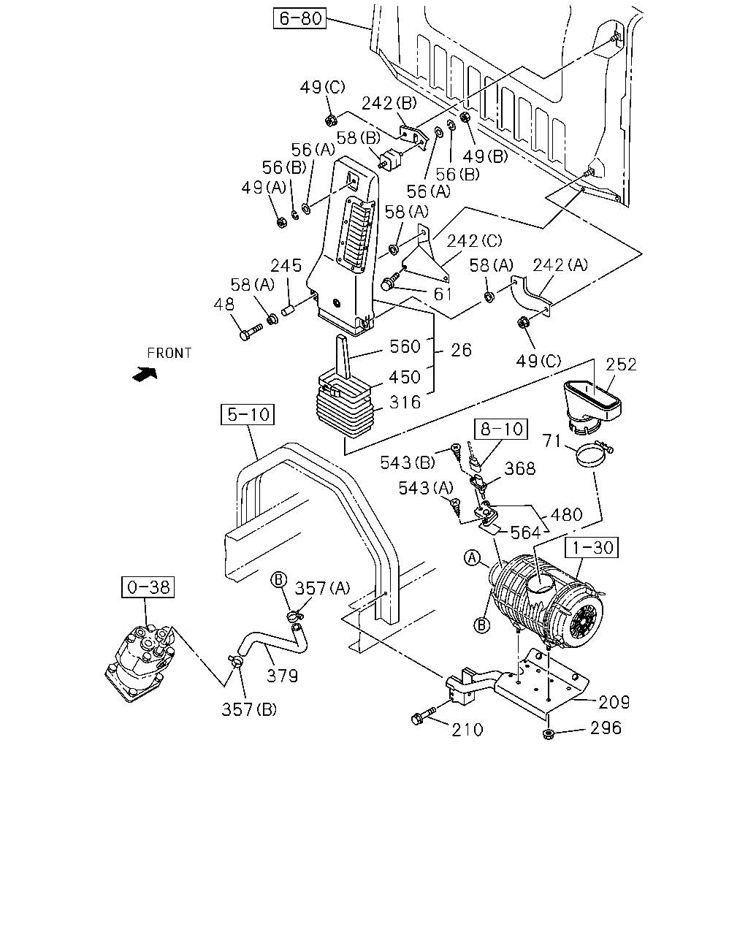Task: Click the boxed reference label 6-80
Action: click(x=299, y=18)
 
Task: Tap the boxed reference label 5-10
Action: click(x=248, y=414)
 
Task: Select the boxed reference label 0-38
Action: click(x=148, y=587)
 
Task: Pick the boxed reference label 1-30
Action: click(x=591, y=547)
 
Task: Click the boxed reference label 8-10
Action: click(x=500, y=430)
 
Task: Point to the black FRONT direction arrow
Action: click(x=145, y=374)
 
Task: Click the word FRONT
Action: click(x=169, y=354)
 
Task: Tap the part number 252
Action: click(x=621, y=365)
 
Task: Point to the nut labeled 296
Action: click(x=549, y=735)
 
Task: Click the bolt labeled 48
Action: click(x=251, y=332)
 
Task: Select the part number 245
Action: click(x=286, y=265)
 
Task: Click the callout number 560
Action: click(x=405, y=347)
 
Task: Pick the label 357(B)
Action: click(x=249, y=710)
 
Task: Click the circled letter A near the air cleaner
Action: click(x=473, y=558)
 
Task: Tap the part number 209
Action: click(x=614, y=702)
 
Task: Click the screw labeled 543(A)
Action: click(x=456, y=507)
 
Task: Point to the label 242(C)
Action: click(x=474, y=241)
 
